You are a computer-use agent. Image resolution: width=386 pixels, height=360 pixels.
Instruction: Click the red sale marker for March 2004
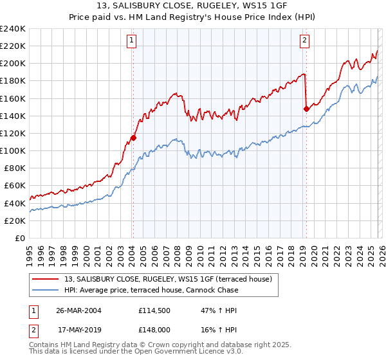133,138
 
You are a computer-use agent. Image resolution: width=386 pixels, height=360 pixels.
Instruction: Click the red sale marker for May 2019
306,109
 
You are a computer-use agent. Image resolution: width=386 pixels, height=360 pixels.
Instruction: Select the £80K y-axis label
15,168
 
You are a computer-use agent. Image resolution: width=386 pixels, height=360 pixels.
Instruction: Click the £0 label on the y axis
21,238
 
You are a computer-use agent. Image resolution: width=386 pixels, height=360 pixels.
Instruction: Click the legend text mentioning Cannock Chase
151,290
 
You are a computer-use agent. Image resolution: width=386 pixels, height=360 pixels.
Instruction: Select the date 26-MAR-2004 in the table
75,310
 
